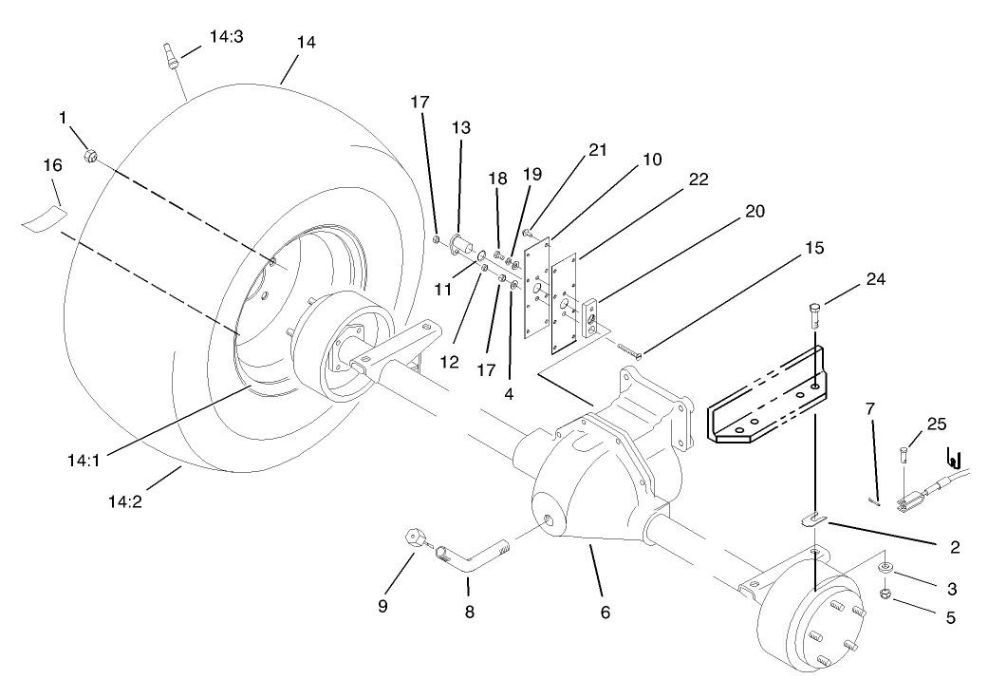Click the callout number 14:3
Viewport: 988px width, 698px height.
click(x=226, y=37)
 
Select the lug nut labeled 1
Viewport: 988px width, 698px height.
click(x=90, y=155)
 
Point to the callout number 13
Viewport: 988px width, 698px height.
click(x=461, y=126)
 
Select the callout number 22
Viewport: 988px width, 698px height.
click(x=699, y=179)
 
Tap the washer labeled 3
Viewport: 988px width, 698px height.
click(x=884, y=568)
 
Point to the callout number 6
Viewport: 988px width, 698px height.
click(x=605, y=613)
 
